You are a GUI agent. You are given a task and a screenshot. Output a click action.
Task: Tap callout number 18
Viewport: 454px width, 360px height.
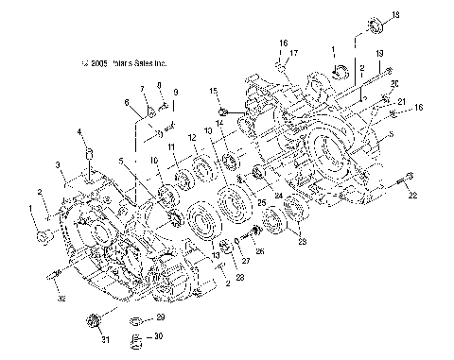pyautogui.click(x=396, y=14)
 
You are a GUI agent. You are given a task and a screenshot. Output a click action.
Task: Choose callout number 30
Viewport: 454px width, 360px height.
pyautogui.click(x=158, y=336)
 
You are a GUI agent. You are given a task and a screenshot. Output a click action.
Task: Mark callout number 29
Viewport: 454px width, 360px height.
pyautogui.click(x=160, y=317)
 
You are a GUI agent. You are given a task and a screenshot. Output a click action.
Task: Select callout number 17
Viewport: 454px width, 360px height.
pyautogui.click(x=294, y=53)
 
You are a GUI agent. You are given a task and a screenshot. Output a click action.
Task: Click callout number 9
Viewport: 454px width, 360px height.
pyautogui.click(x=174, y=92)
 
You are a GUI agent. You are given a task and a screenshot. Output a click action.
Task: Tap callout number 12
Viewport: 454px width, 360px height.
pyautogui.click(x=192, y=137)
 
